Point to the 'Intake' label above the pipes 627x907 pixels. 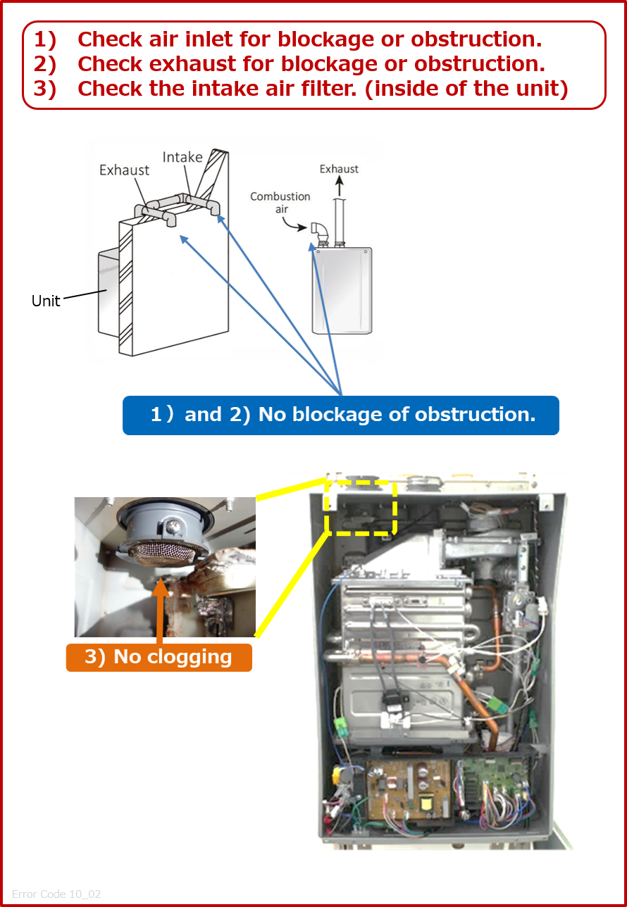[x=182, y=157]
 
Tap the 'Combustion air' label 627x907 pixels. [x=280, y=202]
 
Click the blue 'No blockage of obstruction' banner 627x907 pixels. [x=341, y=415]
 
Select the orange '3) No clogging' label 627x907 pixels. [x=159, y=657]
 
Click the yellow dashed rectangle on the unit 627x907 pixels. [x=360, y=507]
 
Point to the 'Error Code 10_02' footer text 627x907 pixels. [x=56, y=894]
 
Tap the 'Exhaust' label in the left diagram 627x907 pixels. [x=124, y=170]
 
